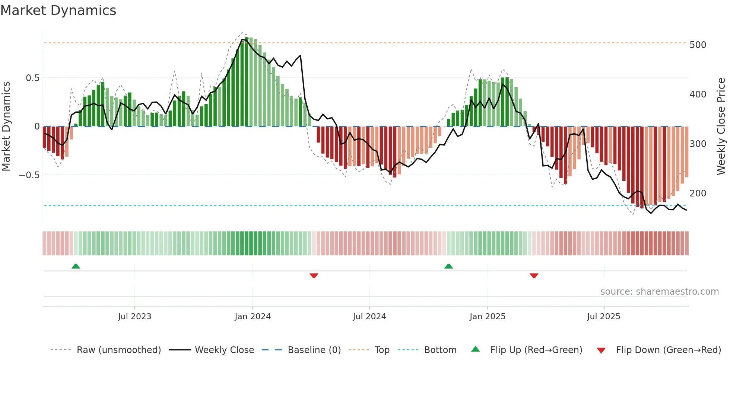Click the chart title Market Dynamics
pos(58,10)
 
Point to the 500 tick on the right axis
pos(698,45)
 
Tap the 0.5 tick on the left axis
pos(32,78)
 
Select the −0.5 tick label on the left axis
pos(29,175)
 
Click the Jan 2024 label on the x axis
pos(253,317)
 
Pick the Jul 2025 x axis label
pos(603,317)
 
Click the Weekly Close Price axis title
pos(721,126)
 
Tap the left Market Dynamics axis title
pos(6,126)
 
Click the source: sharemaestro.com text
pos(659,292)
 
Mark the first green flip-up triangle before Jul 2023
pos(76,266)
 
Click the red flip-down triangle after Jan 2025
pos(534,276)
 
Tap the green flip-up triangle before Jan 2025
pos(448,266)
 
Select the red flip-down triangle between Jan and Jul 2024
pos(314,276)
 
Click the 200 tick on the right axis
pos(698,193)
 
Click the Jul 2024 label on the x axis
pos(369,317)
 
